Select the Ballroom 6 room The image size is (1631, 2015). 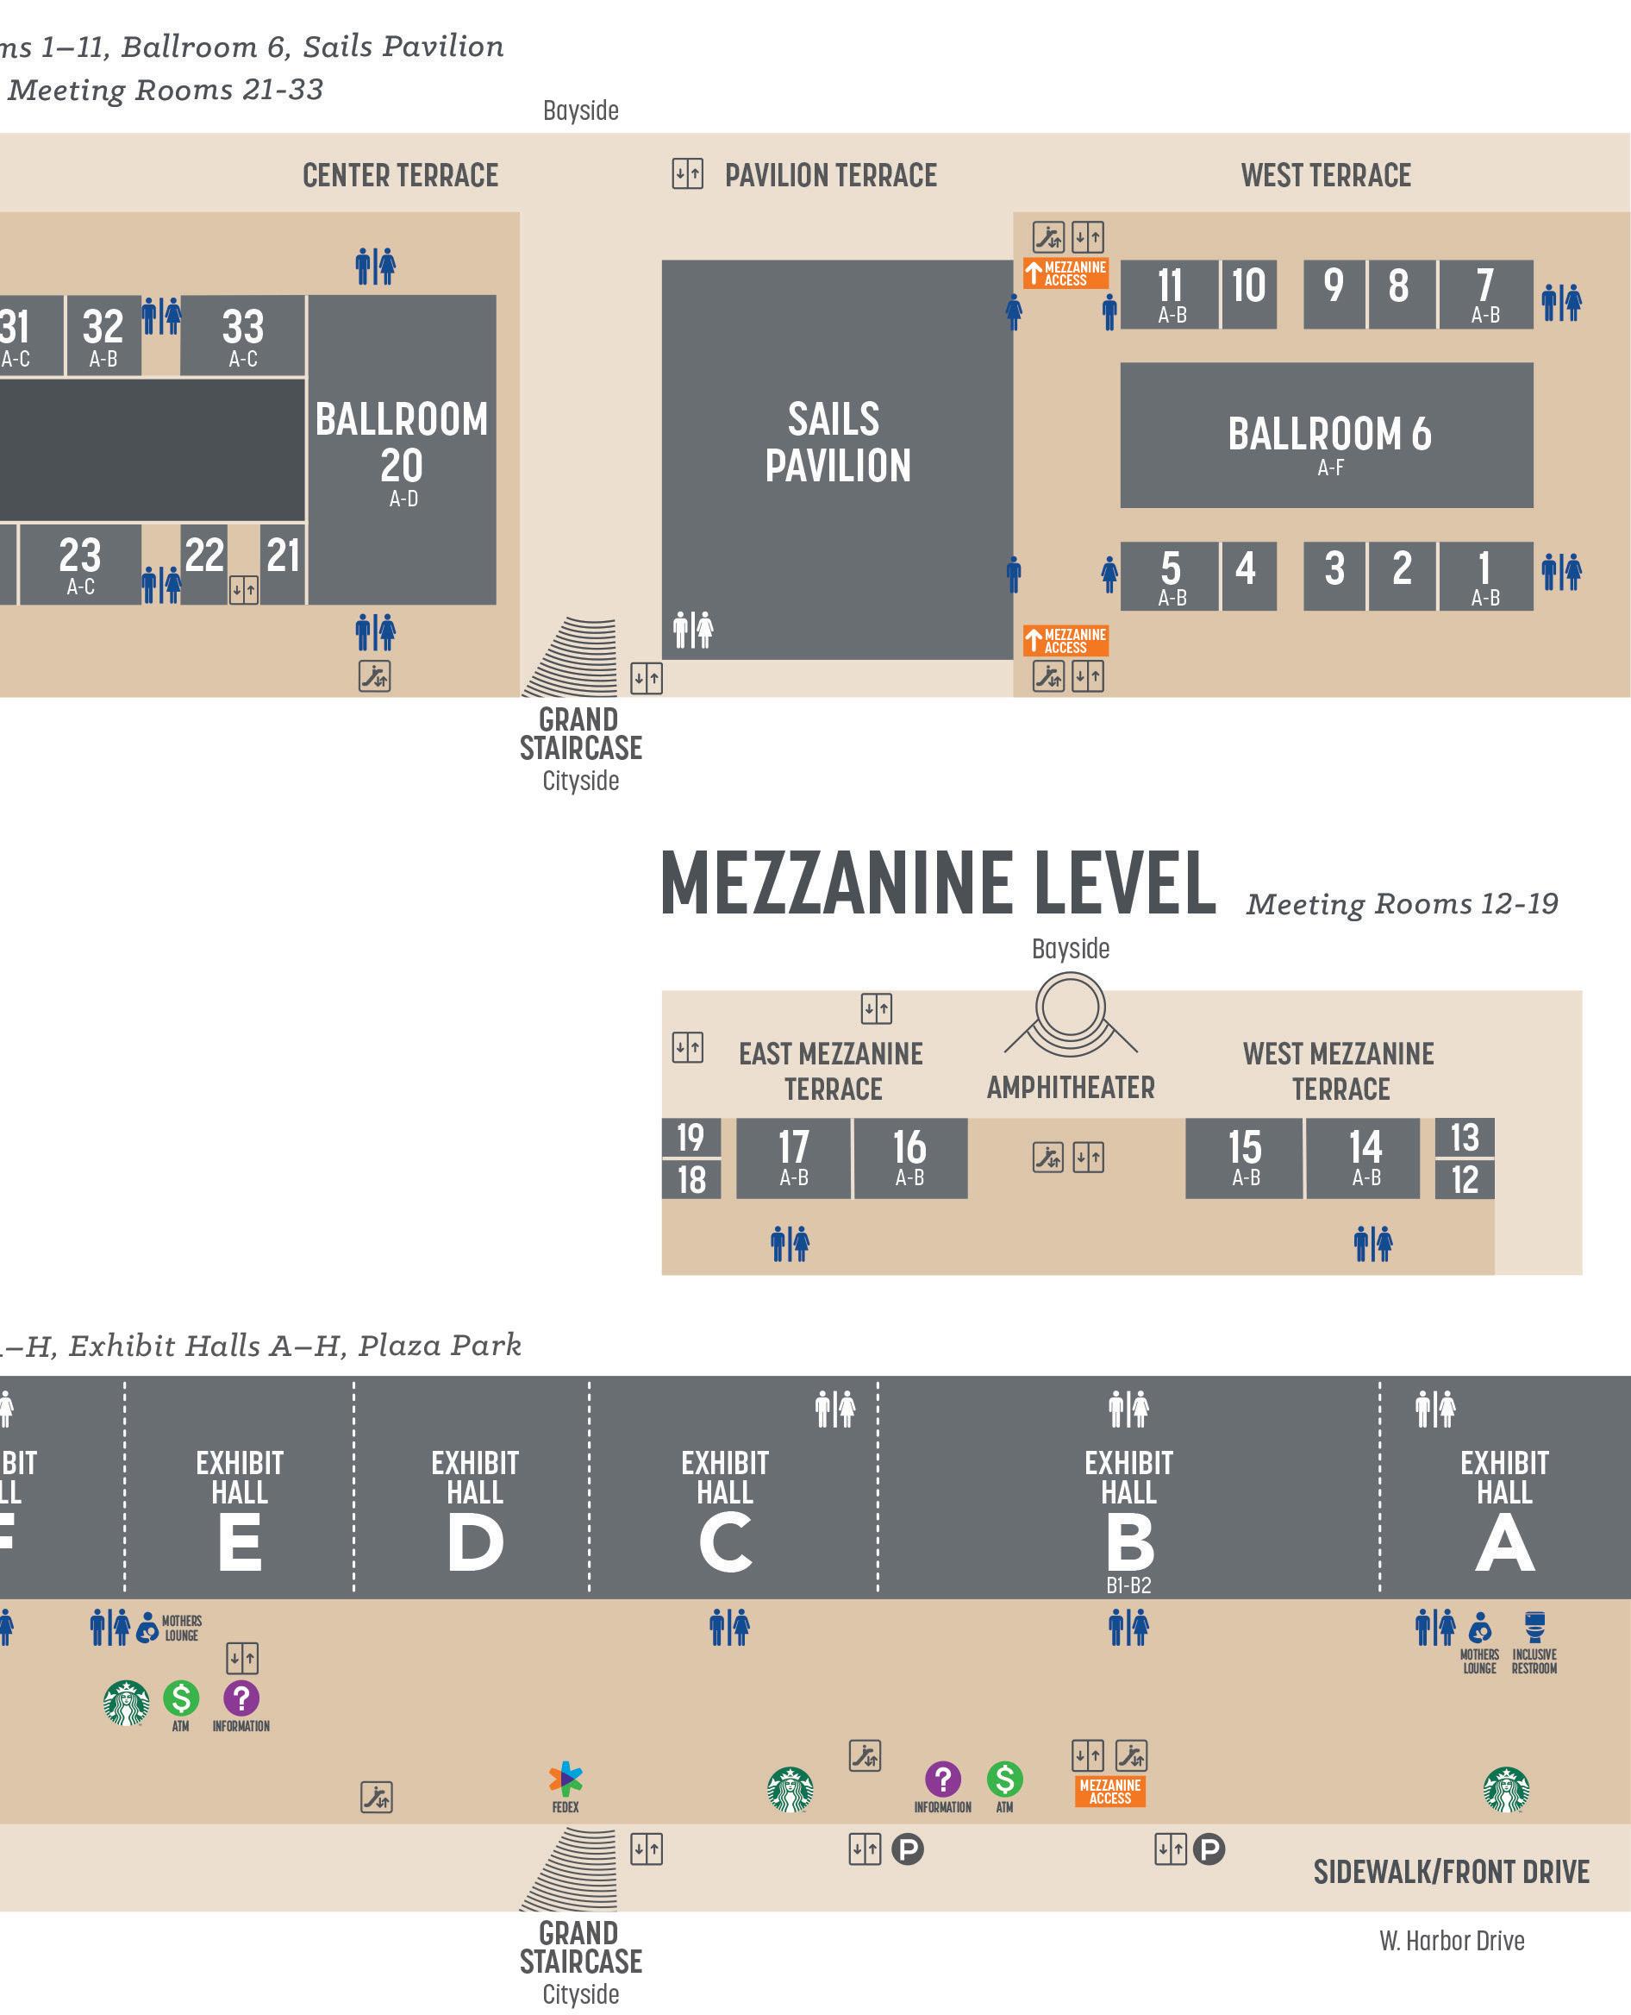pos(1327,435)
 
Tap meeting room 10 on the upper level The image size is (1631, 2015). pos(1248,293)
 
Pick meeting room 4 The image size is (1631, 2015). pos(1248,575)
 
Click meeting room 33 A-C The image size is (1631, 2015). pos(242,335)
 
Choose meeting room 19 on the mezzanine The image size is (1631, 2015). pos(691,1137)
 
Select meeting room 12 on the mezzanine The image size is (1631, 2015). pos(1465,1179)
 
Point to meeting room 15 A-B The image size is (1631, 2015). pos(1244,1157)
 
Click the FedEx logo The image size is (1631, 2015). pos(565,1778)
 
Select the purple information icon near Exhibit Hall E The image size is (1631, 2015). pos(241,1698)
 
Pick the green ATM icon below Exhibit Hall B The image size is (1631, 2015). pos(1004,1778)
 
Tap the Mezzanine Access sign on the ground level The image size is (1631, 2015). pos(1109,1792)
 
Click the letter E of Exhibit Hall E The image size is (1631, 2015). pos(240,1543)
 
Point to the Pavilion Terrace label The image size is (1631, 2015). pos(830,176)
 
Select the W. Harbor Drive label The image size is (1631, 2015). pos(1452,1941)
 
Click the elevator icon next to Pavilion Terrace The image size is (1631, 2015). pos(688,174)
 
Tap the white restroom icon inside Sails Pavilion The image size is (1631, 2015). pos(693,629)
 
